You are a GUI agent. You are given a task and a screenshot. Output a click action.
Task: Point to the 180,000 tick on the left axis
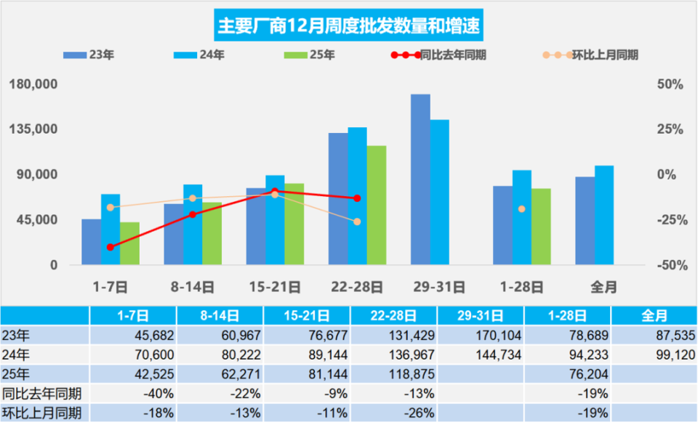(33, 84)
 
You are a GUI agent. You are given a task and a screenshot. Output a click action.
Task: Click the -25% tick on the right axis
(670, 220)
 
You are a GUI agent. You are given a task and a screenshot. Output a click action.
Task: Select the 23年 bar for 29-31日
(420, 179)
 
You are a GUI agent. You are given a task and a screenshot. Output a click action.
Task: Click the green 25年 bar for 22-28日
(377, 205)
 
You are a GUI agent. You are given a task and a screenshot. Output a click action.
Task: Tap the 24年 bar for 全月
(603, 215)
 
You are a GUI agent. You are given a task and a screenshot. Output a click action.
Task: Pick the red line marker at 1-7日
(111, 247)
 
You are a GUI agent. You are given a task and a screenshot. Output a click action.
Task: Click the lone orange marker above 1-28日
(521, 209)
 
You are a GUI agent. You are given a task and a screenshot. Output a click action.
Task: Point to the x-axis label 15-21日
(275, 287)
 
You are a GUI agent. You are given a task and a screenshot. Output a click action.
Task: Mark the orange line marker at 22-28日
(357, 222)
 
